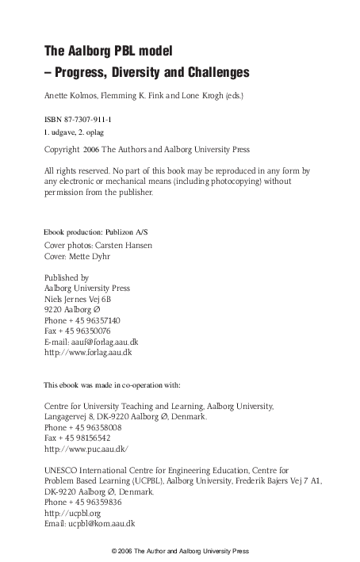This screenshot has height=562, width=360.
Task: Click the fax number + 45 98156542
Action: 86,437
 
